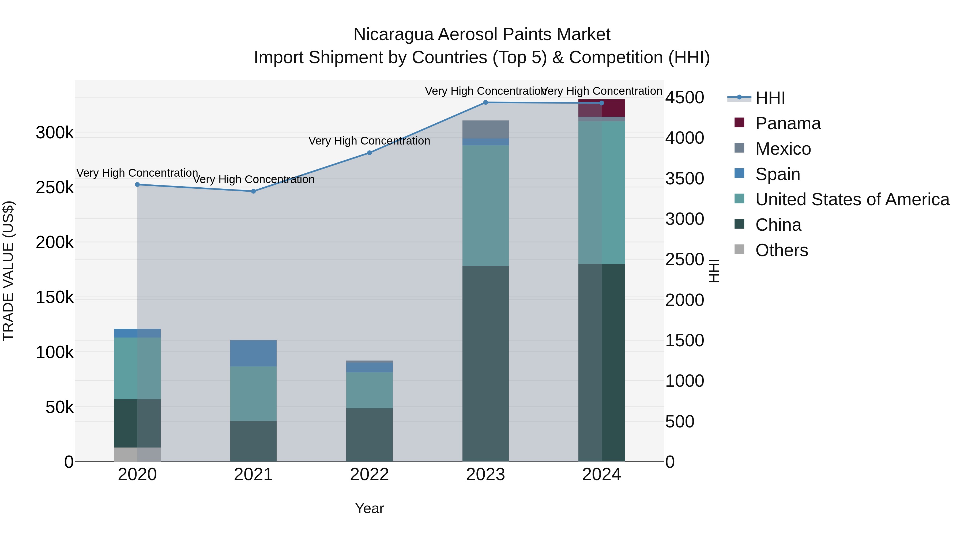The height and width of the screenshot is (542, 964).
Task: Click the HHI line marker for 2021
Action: (x=253, y=191)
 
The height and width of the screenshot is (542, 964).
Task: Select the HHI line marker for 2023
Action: (x=485, y=103)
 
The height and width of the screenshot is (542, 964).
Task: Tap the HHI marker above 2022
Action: (x=369, y=153)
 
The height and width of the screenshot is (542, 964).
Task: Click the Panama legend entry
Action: (x=788, y=123)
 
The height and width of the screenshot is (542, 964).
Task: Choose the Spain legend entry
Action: (x=777, y=174)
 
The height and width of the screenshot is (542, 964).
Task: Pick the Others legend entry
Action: (x=781, y=250)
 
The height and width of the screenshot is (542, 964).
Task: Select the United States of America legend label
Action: (x=852, y=199)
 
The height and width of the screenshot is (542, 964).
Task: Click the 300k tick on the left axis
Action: (x=55, y=133)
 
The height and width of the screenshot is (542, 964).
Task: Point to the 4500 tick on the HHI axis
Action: (x=684, y=98)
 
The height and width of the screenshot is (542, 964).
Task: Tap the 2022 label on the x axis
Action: (x=369, y=475)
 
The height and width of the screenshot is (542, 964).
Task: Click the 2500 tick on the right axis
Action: (x=684, y=260)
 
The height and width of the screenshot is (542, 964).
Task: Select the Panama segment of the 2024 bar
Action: (x=601, y=108)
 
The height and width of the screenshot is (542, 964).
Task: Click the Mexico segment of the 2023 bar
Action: (x=485, y=130)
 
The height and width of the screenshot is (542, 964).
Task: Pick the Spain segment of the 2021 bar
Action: (x=253, y=353)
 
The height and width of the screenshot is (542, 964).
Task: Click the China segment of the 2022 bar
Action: (x=369, y=435)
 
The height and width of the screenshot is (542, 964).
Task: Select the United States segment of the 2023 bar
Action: (x=485, y=206)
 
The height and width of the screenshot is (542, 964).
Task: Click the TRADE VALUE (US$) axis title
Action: (x=8, y=271)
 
